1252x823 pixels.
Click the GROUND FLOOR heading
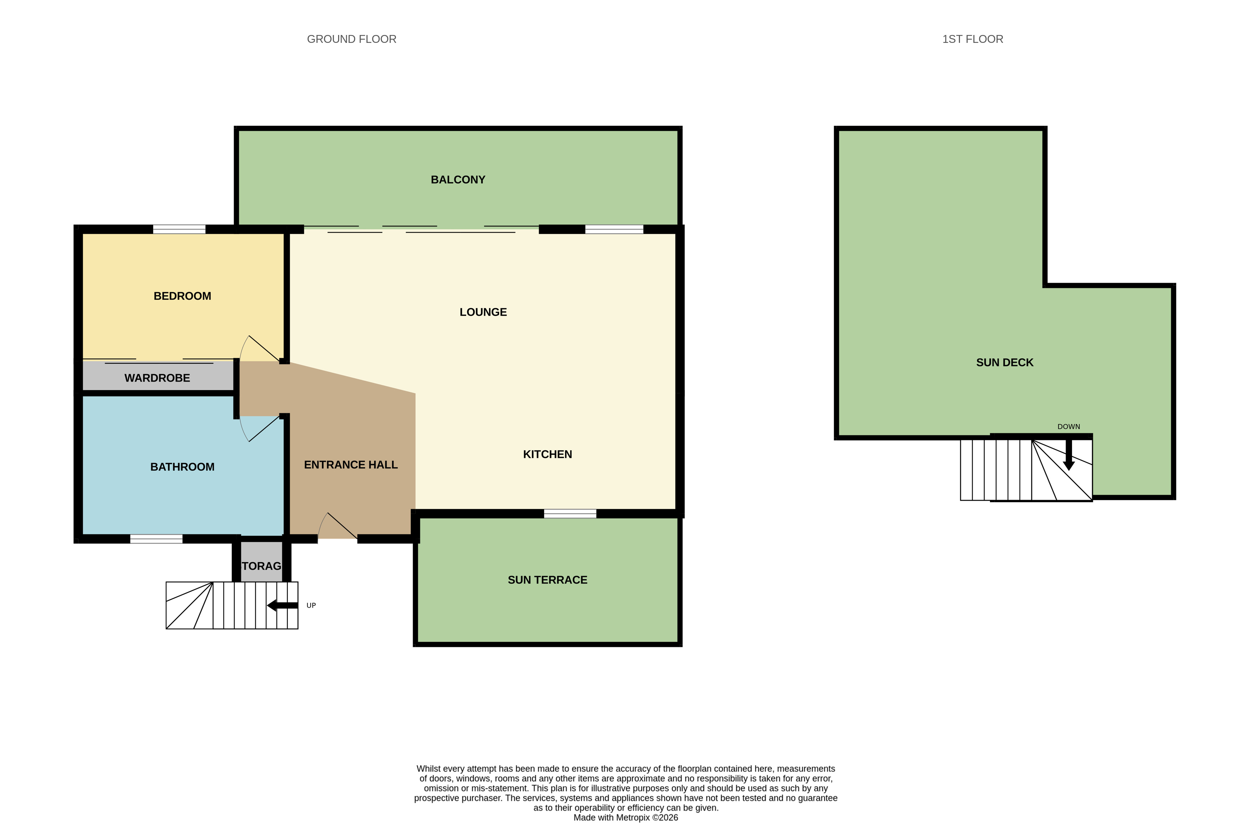(x=351, y=39)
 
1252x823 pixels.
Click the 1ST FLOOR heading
(x=972, y=39)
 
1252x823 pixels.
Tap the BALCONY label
(x=458, y=179)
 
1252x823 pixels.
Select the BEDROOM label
(x=182, y=296)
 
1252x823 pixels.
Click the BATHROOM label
(x=182, y=467)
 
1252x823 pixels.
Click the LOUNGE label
(x=483, y=312)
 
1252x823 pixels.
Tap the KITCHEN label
(x=547, y=454)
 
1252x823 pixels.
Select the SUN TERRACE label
(x=547, y=580)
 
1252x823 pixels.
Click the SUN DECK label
(x=1004, y=363)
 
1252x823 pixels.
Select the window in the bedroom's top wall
(x=179, y=229)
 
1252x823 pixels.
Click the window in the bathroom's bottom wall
(x=156, y=539)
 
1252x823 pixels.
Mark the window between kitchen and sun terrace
(x=570, y=514)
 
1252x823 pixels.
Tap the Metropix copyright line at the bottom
(x=625, y=817)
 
